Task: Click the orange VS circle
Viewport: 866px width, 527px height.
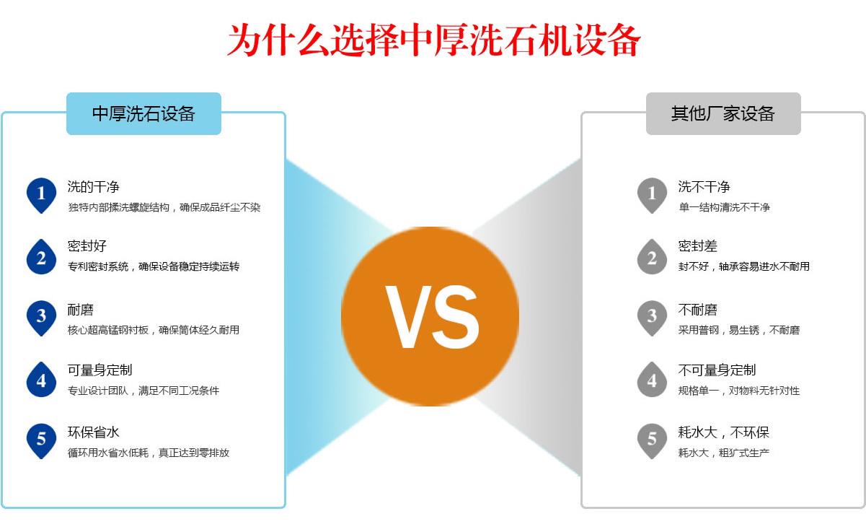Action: [x=430, y=315]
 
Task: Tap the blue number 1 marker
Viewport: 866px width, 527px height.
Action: [x=41, y=193]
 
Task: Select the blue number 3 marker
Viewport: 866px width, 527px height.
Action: [x=41, y=316]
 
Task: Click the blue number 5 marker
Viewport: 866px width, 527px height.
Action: [x=41, y=439]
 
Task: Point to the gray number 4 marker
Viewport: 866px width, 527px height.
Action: [x=652, y=378]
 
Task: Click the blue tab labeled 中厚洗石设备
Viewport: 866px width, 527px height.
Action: [x=143, y=114]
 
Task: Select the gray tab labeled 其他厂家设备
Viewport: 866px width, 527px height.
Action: [x=723, y=114]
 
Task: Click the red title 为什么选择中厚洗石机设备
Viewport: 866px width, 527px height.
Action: [x=433, y=41]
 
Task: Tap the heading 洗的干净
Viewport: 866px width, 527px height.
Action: [x=94, y=187]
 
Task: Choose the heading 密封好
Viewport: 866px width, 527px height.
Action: [x=87, y=246]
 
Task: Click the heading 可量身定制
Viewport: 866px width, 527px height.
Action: [x=100, y=370]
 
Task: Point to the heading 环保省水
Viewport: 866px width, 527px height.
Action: [x=94, y=432]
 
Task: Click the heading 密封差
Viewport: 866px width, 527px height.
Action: [x=698, y=246]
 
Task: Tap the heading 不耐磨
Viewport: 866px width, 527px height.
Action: [x=698, y=310]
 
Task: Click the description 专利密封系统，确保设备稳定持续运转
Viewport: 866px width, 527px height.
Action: [x=154, y=266]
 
